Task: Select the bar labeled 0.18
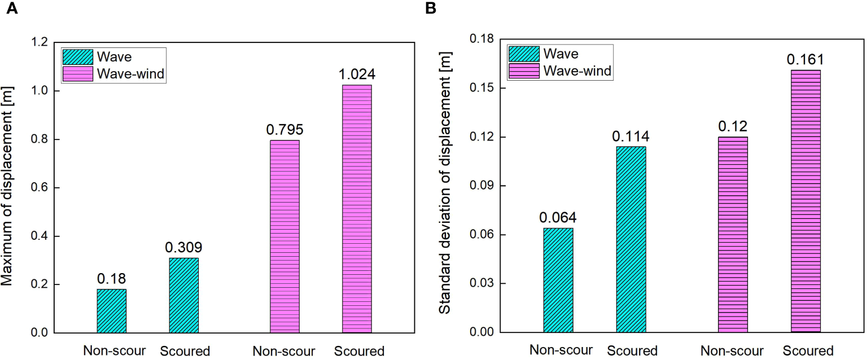click(x=111, y=311)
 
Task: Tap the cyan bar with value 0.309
click(x=183, y=295)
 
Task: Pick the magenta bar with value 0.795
click(x=284, y=236)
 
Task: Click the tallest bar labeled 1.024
click(x=357, y=209)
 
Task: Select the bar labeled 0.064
click(x=558, y=280)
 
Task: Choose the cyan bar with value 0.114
click(x=631, y=239)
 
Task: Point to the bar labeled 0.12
click(x=733, y=234)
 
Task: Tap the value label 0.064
click(x=558, y=218)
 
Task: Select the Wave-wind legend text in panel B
click(x=577, y=71)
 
